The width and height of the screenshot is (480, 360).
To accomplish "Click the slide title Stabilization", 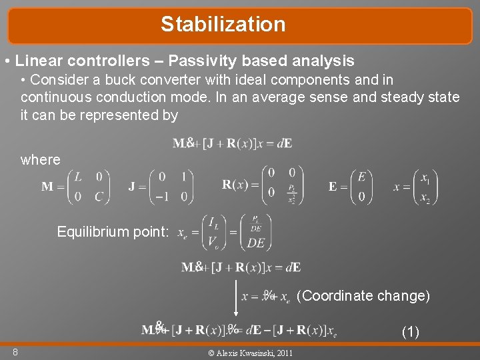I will coord(223,25).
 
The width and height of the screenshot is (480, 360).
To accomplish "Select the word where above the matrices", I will coord(40,160).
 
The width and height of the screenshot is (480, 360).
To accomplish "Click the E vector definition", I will coord(351,186).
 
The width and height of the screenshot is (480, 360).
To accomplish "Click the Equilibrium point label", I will coord(113,232).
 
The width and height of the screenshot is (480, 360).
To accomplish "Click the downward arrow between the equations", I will coord(235,297).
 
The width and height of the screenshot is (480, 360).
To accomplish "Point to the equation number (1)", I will coord(410,331).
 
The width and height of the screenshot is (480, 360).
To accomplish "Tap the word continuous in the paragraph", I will coord(53,97).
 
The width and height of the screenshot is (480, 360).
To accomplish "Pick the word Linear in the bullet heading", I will coord(39,61).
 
